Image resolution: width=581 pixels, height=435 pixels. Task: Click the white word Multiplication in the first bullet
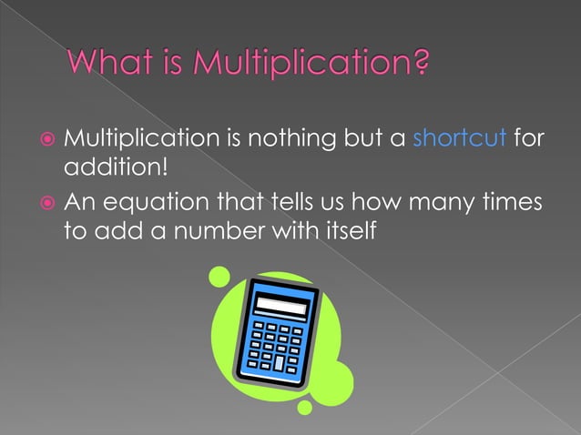[x=138, y=140]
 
